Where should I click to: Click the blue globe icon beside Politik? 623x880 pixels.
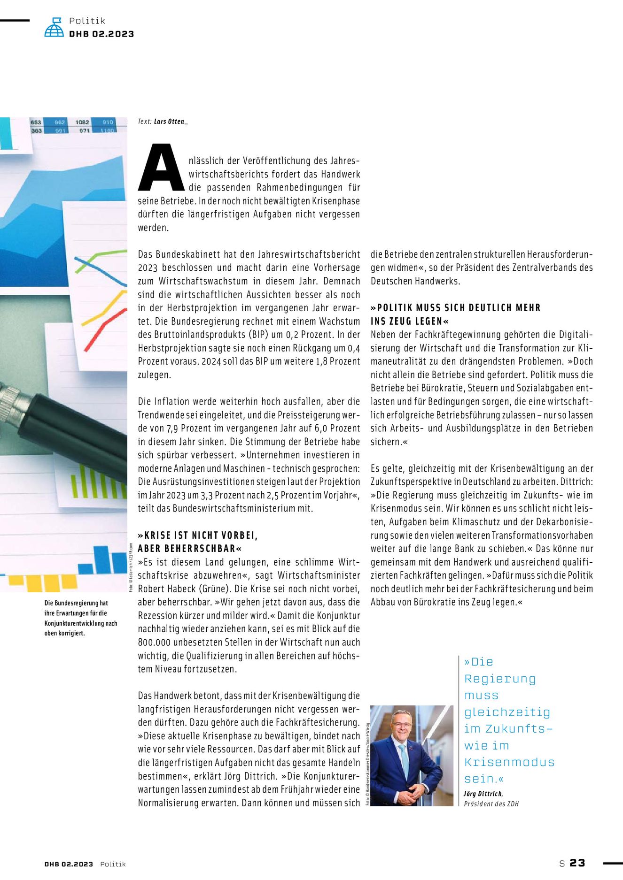pyautogui.click(x=54, y=28)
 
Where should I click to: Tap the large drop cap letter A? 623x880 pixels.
pyautogui.click(x=161, y=168)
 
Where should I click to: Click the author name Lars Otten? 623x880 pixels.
pyautogui.click(x=171, y=122)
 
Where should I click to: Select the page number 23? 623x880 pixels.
pyautogui.click(x=577, y=863)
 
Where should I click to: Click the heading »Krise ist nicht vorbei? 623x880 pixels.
pyautogui.click(x=198, y=536)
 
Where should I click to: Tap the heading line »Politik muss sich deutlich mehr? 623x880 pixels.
pyautogui.click(x=456, y=308)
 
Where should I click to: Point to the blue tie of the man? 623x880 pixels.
pyautogui.click(x=404, y=760)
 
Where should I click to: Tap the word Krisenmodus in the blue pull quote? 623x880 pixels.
pyautogui.click(x=509, y=762)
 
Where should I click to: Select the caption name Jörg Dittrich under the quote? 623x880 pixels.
pyautogui.click(x=483, y=794)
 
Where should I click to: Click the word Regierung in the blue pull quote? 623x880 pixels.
pyautogui.click(x=500, y=679)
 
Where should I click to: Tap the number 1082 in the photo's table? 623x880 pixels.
pyautogui.click(x=82, y=122)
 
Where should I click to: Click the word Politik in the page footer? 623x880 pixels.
pyautogui.click(x=113, y=864)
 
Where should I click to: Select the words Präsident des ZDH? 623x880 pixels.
pyautogui.click(x=491, y=804)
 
